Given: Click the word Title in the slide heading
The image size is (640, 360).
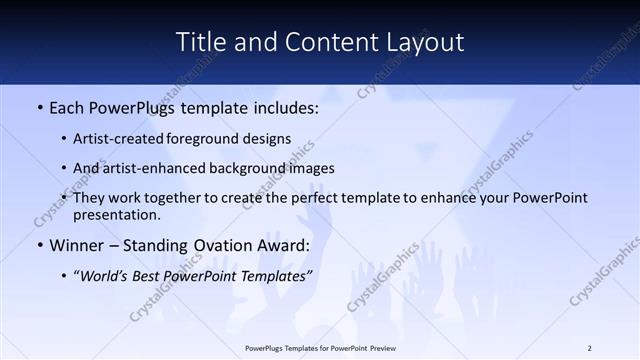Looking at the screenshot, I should (x=199, y=42).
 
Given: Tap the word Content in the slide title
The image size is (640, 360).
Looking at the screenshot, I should (x=320, y=42).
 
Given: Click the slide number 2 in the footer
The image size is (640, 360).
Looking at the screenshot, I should (x=589, y=348).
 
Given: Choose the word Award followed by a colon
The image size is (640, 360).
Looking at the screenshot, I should (x=286, y=245).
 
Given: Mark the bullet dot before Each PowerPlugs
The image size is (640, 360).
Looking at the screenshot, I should (x=39, y=106).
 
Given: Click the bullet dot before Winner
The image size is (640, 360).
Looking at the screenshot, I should (x=39, y=245).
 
